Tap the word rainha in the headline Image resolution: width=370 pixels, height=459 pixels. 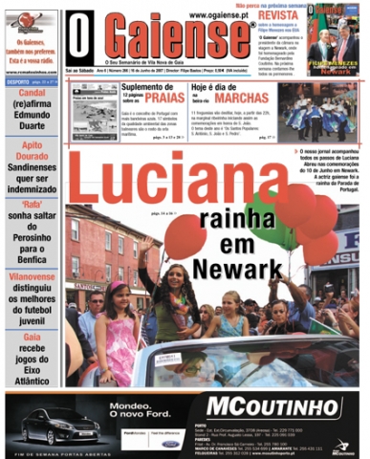tap(224, 226)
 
